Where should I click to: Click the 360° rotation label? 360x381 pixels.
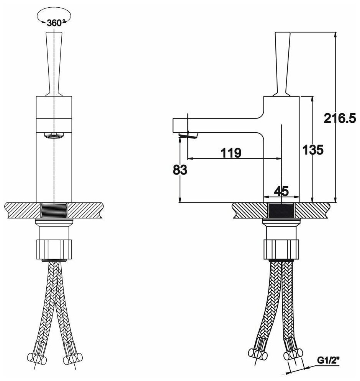[x=54, y=23]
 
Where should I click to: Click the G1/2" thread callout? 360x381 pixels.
[x=329, y=360]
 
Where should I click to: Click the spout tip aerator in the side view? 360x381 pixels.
[x=188, y=135]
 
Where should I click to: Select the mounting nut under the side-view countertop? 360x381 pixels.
[x=281, y=249]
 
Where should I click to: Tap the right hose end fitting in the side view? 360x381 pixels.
[x=292, y=352]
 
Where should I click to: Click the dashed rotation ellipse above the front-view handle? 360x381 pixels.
[x=54, y=16]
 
